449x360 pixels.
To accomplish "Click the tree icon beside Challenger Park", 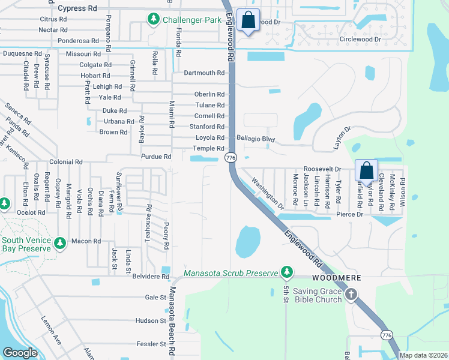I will (x=154, y=20).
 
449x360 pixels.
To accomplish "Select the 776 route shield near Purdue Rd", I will (x=230, y=157).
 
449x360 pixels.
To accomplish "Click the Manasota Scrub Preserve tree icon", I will (x=287, y=273).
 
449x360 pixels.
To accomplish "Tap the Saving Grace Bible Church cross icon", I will (x=351, y=294).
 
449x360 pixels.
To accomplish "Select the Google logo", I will (x=20, y=353).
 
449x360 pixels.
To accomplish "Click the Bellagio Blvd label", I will (x=255, y=139).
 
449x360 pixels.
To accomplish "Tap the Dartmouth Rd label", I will (x=204, y=73).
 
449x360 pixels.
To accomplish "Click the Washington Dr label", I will (x=268, y=193).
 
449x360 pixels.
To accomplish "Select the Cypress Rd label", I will (x=77, y=9).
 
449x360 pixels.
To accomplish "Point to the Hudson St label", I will (x=150, y=321).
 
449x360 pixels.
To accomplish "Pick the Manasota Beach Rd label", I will (x=173, y=321).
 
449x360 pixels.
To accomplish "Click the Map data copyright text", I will (x=423, y=355).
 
